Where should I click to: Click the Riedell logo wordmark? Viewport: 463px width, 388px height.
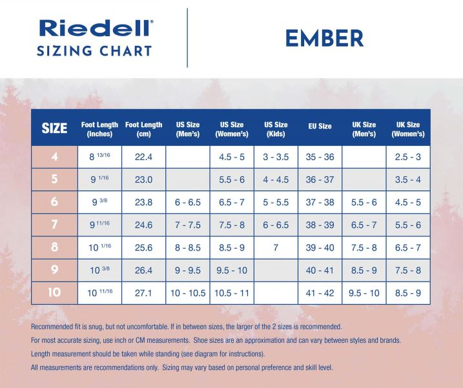point(96,28)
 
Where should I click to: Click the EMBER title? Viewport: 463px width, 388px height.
point(324,38)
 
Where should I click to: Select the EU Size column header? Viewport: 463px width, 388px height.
point(320,127)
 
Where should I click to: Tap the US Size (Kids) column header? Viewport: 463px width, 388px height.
point(276,129)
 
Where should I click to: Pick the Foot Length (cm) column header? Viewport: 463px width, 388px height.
point(143,129)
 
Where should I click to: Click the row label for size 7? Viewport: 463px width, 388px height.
point(54,225)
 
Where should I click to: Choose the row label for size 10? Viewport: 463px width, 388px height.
point(54,292)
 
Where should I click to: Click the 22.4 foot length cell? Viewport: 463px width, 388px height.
point(143,157)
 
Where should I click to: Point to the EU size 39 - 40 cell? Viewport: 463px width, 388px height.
point(320,247)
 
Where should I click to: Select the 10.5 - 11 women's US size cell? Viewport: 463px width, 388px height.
point(232,292)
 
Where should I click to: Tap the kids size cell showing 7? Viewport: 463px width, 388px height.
point(276,247)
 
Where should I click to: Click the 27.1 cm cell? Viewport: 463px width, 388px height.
point(143,292)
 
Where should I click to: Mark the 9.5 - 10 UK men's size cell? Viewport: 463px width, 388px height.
point(364,292)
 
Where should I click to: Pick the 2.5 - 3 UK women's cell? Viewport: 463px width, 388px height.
point(408,157)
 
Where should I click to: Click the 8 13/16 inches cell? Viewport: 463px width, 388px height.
point(99,157)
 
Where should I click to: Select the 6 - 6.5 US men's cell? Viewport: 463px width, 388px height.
point(187,202)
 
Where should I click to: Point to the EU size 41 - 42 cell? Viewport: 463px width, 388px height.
point(320,292)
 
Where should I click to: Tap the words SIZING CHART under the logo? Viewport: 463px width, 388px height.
point(94,52)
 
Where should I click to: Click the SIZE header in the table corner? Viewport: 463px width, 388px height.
point(54,128)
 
